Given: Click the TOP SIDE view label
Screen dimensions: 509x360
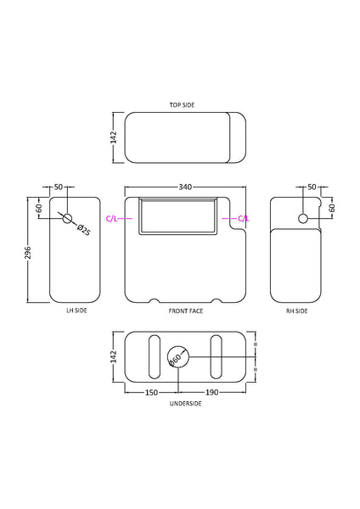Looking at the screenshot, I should tap(183, 104).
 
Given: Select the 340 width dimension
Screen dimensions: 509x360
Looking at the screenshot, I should tap(184, 186).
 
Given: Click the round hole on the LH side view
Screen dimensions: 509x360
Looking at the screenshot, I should tap(67, 218).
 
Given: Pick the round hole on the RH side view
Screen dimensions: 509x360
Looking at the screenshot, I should tap(302, 219).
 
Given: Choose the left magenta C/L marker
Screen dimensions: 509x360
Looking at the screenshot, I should tap(113, 219).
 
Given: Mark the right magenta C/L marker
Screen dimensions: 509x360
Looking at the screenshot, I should tap(243, 219).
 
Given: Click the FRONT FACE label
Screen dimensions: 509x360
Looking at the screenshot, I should tap(184, 311).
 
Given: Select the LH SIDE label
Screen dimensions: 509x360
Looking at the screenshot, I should tap(76, 311).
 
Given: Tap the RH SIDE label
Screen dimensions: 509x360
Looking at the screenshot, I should tap(296, 311).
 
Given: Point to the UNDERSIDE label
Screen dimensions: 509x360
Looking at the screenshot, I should tap(184, 403).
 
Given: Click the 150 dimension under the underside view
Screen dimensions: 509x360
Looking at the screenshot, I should tap(151, 393).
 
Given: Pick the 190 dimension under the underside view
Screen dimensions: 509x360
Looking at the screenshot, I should tap(212, 393).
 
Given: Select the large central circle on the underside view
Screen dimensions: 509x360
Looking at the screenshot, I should tap(177, 357).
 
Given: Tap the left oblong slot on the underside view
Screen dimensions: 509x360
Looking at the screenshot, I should tap(153, 357).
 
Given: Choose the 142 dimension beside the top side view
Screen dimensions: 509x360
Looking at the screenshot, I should tap(114, 138).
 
